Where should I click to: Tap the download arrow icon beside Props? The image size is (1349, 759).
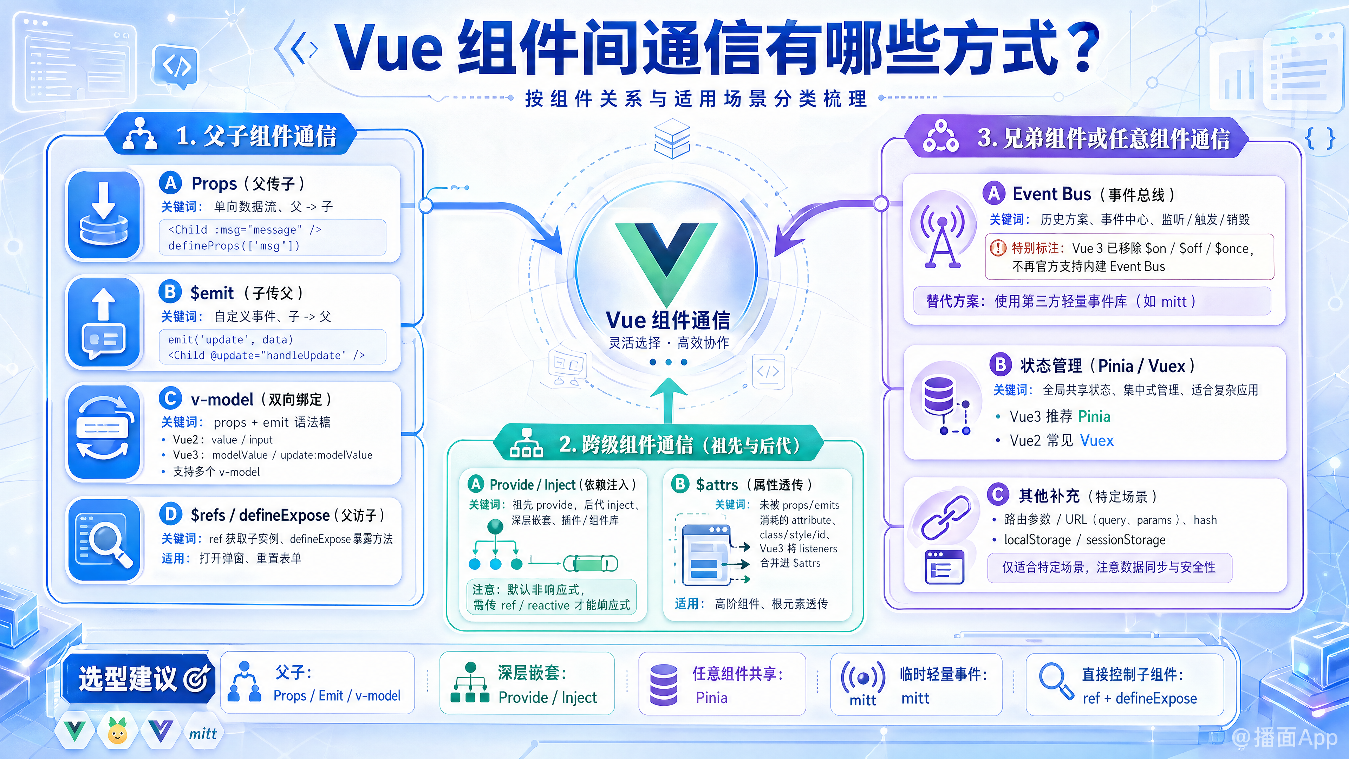pos(104,215)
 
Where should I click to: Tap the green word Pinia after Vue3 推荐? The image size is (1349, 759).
pos(1094,416)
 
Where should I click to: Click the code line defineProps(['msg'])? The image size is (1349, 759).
pos(234,246)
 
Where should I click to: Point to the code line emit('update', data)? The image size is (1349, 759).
pos(230,339)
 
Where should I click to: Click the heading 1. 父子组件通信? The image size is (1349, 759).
pos(256,136)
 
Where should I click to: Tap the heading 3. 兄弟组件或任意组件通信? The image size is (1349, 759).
pos(1103,138)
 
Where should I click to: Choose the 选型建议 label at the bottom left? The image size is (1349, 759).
pos(128,678)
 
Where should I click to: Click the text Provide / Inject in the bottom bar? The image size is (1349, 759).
pos(547,697)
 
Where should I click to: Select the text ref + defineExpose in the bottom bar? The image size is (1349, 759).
pos(1140,698)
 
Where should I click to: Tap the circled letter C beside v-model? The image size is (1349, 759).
pos(170,398)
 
